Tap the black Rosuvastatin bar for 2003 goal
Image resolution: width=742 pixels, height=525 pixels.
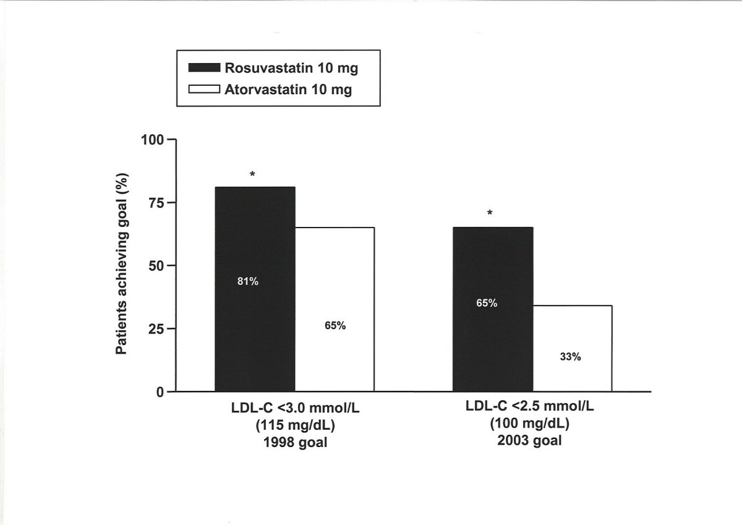point(493,346)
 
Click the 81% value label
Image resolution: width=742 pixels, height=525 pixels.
point(248,281)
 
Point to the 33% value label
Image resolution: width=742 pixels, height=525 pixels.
point(571,357)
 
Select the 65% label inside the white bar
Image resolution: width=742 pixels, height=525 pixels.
point(335,326)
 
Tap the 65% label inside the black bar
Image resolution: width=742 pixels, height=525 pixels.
point(487,303)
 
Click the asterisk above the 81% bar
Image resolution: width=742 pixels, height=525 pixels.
point(252,175)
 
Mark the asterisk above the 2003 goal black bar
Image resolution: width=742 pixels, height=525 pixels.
point(490,214)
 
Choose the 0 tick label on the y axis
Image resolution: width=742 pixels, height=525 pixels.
point(161,391)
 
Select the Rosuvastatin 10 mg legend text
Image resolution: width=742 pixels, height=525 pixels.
point(296,68)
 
